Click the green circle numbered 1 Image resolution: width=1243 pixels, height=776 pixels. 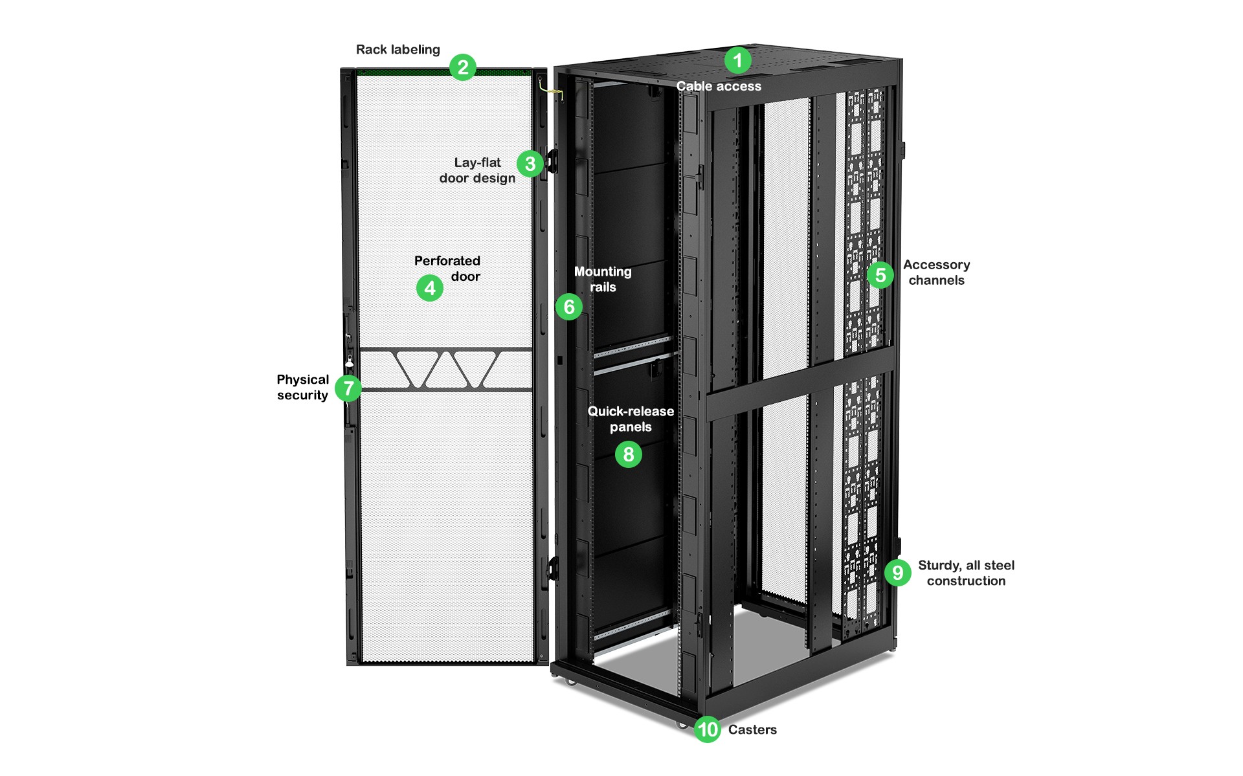click(737, 60)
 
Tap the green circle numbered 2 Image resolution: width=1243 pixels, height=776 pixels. click(462, 67)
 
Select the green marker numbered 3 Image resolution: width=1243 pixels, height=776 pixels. click(530, 164)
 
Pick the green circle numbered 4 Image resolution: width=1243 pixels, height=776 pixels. click(430, 288)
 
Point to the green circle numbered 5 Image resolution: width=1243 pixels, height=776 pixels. click(880, 275)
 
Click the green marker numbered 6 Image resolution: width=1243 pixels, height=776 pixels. click(569, 306)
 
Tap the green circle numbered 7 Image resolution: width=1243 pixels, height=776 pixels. click(348, 388)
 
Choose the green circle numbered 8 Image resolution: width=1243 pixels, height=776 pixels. click(628, 454)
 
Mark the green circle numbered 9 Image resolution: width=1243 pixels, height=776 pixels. click(897, 572)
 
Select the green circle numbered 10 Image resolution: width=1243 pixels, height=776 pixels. click(707, 729)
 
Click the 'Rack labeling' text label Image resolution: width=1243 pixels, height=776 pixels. click(398, 50)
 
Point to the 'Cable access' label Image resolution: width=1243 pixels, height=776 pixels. click(719, 86)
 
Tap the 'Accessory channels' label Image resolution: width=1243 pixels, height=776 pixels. click(936, 272)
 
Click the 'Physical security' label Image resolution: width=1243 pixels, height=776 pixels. click(302, 387)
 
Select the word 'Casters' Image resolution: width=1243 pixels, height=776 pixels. click(752, 729)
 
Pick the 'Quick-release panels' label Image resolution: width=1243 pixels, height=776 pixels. click(631, 419)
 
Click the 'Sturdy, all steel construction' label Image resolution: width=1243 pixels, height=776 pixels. click(966, 573)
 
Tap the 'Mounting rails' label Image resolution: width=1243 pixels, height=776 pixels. click(603, 279)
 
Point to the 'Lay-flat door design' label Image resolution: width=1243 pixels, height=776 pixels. click(477, 170)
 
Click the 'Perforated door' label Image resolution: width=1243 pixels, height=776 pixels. click(447, 268)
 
